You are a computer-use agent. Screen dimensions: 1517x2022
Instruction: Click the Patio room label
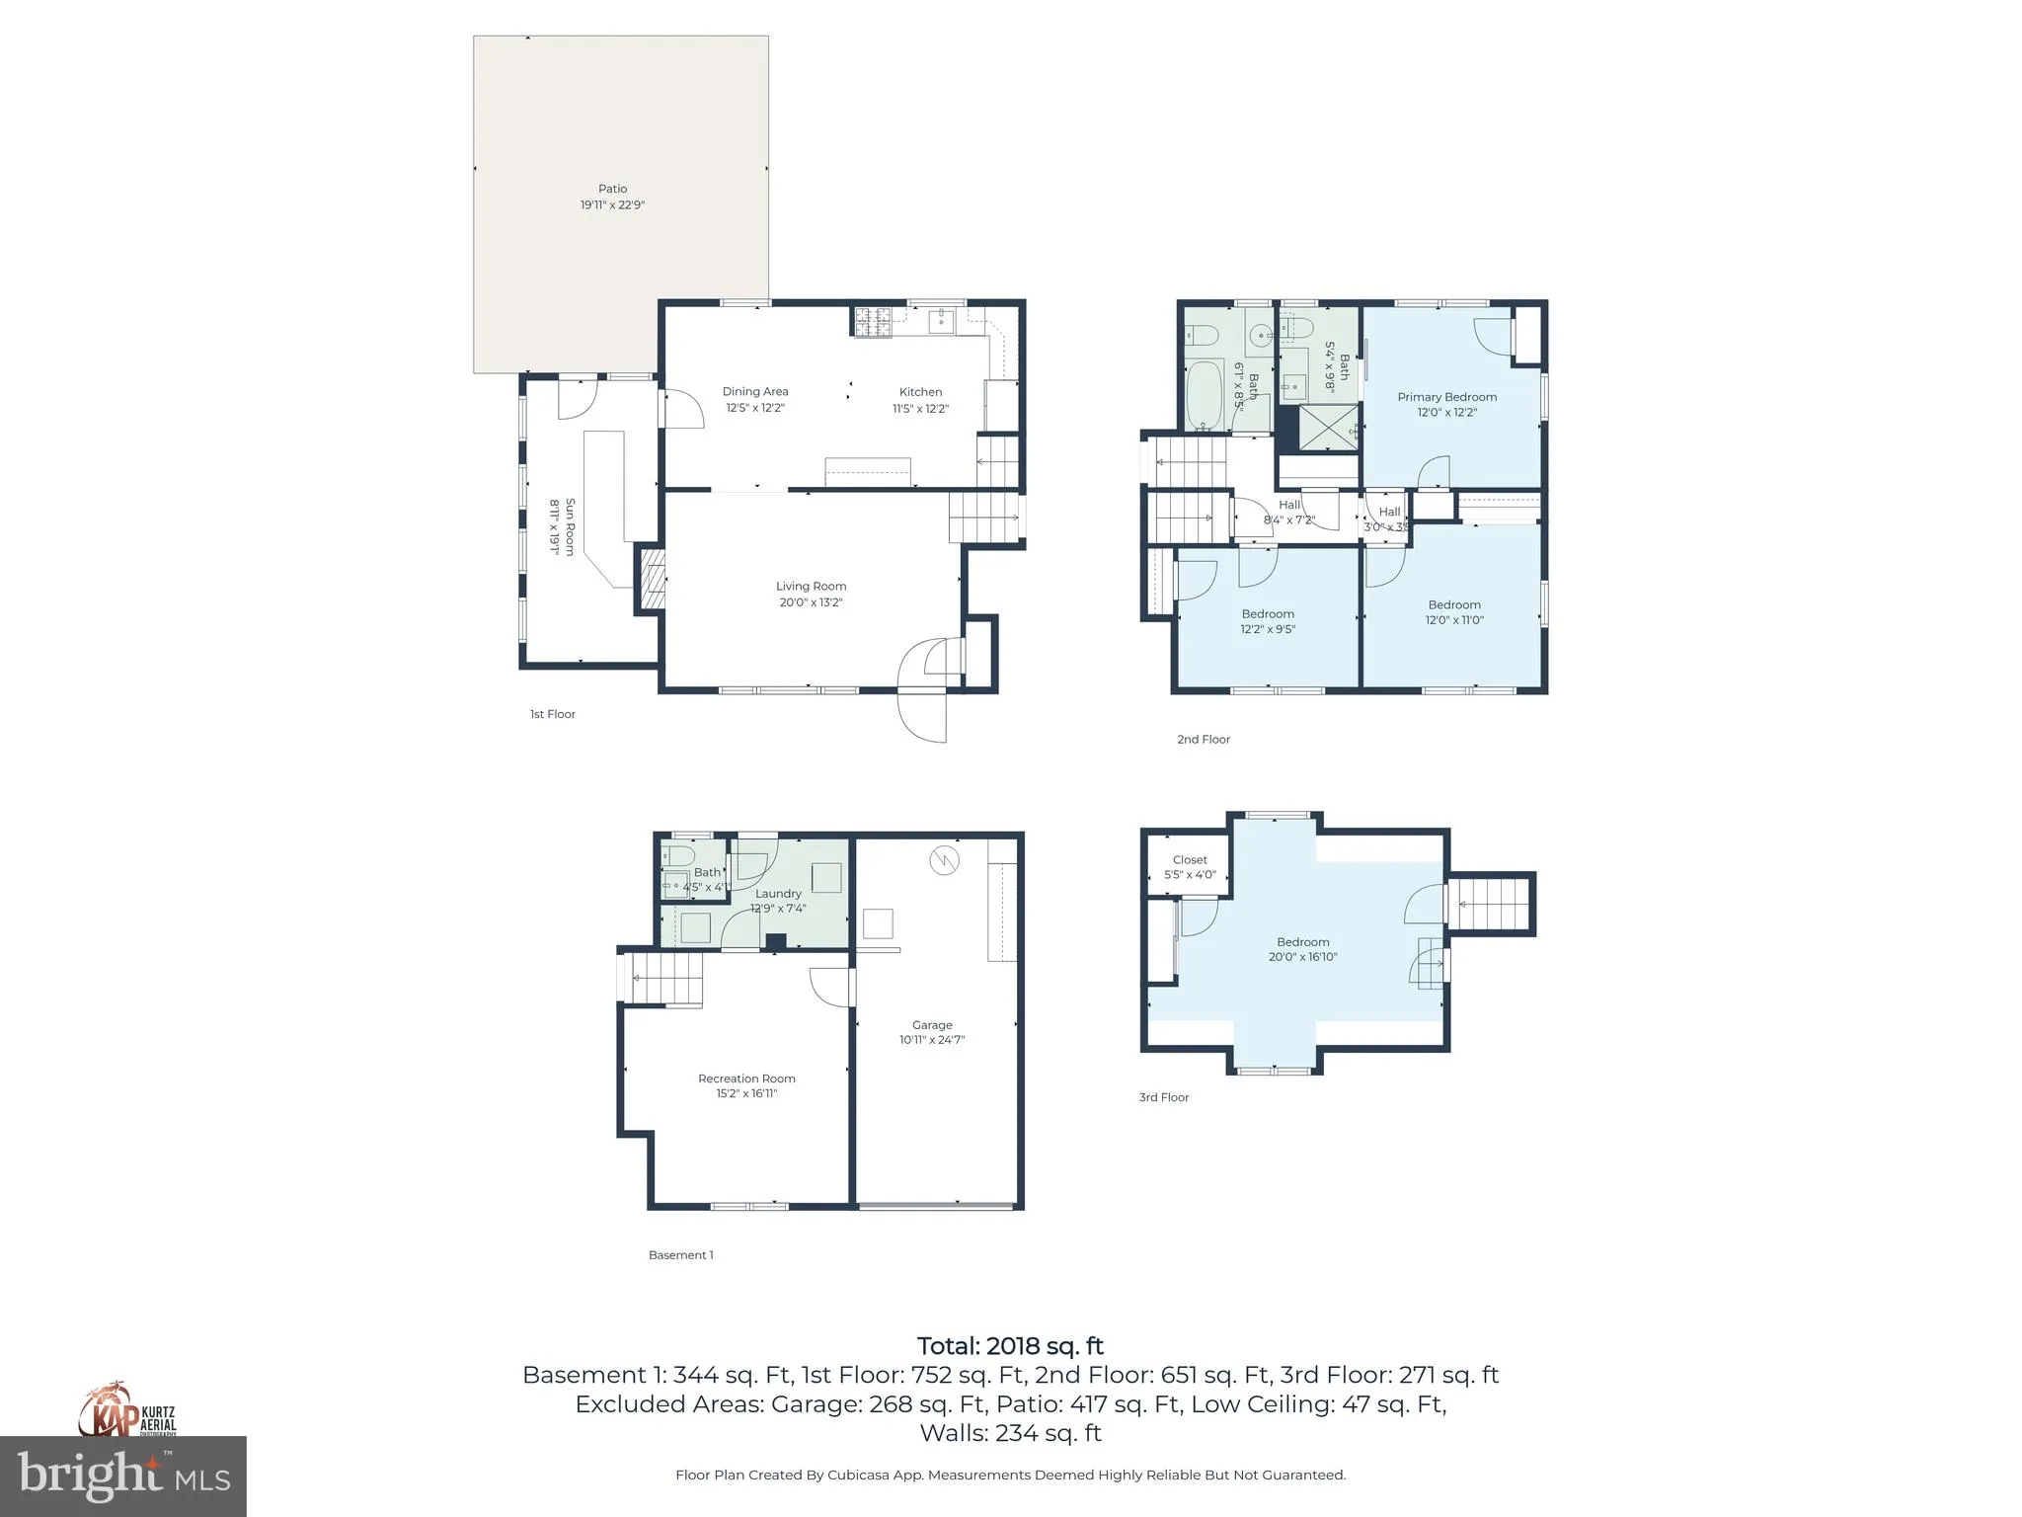612,189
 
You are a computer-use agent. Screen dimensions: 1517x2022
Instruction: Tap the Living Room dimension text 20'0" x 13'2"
811,602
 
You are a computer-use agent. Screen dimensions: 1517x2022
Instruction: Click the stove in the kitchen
873,322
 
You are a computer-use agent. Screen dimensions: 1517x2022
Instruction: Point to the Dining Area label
755,392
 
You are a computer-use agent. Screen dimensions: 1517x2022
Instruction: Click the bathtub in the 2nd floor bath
1203,396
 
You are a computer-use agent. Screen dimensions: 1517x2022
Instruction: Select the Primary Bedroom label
1446,397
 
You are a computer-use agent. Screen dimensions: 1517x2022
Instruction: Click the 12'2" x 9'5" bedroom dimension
1268,629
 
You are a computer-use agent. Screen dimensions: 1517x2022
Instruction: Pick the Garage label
932,1025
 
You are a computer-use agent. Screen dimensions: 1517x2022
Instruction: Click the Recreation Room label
746,1078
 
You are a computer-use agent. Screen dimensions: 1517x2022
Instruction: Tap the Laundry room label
778,894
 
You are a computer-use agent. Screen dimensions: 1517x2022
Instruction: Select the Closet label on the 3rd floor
1190,860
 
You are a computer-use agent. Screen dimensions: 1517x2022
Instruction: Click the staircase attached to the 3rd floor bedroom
1491,904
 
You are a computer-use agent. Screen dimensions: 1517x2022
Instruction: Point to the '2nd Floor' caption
1203,739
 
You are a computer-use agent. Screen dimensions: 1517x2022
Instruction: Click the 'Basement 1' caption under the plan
680,1255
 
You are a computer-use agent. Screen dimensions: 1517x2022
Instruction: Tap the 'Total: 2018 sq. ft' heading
1010,1346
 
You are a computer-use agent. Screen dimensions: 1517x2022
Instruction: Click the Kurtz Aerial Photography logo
128,1412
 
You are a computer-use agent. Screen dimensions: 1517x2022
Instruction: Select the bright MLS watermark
123,1477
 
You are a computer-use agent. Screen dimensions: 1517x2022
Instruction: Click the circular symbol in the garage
944,860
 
